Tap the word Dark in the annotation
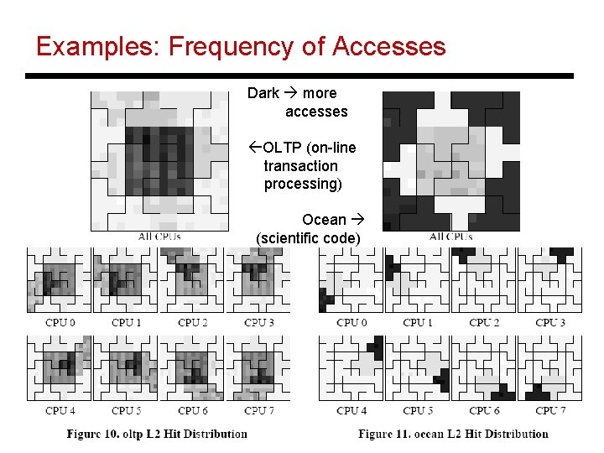coord(263,93)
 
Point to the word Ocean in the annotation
coord(324,220)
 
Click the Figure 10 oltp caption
coord(158,434)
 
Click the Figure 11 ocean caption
coord(453,434)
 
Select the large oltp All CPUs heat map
coord(159,159)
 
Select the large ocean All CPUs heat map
coord(450,159)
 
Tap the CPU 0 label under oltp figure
coord(60,323)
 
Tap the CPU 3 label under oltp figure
coord(259,323)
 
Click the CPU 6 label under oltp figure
coord(193,411)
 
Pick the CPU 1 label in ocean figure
coord(418,323)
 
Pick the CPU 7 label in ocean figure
coord(550,411)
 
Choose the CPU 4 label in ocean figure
coord(351,411)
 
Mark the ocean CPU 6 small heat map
coord(483,367)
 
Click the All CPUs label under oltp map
coord(159,237)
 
